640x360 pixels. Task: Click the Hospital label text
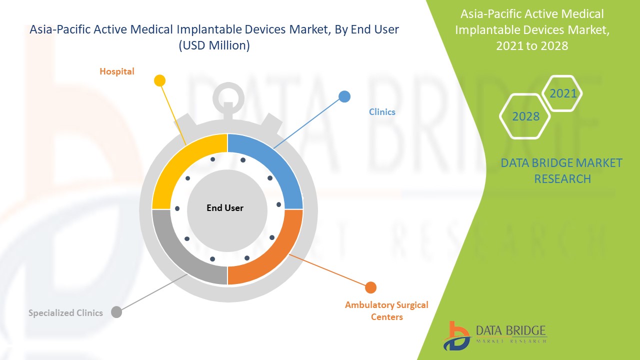point(117,71)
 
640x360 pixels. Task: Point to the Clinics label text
point(382,112)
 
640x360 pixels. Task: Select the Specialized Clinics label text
point(65,313)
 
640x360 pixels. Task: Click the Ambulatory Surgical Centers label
point(386,310)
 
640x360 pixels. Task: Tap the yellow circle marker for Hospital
point(159,80)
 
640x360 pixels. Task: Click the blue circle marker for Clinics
point(344,96)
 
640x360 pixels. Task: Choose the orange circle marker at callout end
point(370,287)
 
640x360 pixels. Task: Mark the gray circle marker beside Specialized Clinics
point(116,312)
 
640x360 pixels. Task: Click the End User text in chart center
point(225,208)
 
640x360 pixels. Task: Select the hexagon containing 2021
point(563,93)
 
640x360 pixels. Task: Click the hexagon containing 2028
point(525,116)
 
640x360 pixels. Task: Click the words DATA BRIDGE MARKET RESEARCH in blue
point(562,170)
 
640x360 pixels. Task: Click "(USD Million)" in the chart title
point(214,45)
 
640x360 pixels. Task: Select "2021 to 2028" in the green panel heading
point(532,45)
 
